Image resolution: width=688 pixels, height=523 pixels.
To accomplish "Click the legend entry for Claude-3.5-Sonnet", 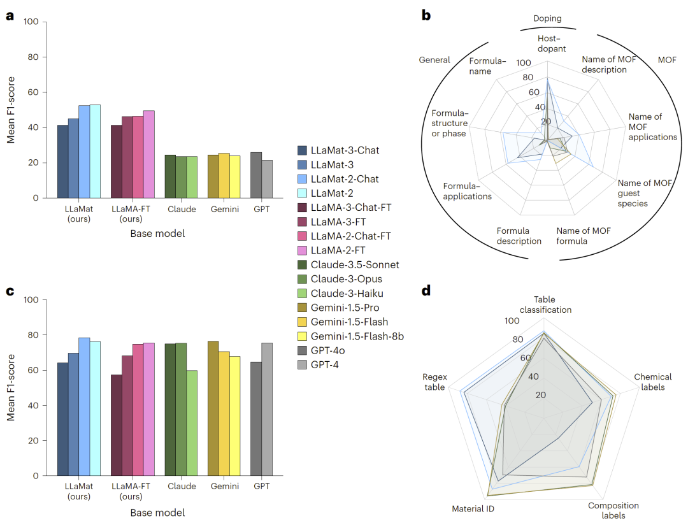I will click(x=346, y=264).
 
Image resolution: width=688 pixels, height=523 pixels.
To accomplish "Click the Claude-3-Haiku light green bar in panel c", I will click(x=192, y=423).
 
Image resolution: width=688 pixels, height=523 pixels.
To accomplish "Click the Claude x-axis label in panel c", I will click(x=182, y=486).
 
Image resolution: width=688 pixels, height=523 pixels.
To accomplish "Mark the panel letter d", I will click(x=426, y=291).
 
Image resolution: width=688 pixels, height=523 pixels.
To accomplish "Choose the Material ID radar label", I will click(x=473, y=509).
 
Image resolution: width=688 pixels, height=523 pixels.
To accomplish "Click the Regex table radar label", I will click(x=434, y=382).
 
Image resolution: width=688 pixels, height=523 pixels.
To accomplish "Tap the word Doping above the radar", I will click(x=548, y=19).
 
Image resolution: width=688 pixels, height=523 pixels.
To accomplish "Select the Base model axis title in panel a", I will click(x=157, y=233).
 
